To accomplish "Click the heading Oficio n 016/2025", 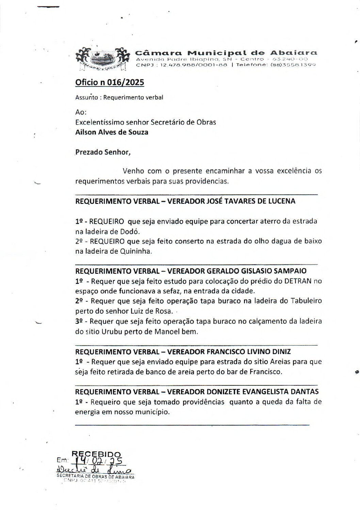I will [109, 82].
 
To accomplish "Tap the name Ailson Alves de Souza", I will [112, 132].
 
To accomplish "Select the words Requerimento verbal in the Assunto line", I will [133, 97].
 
